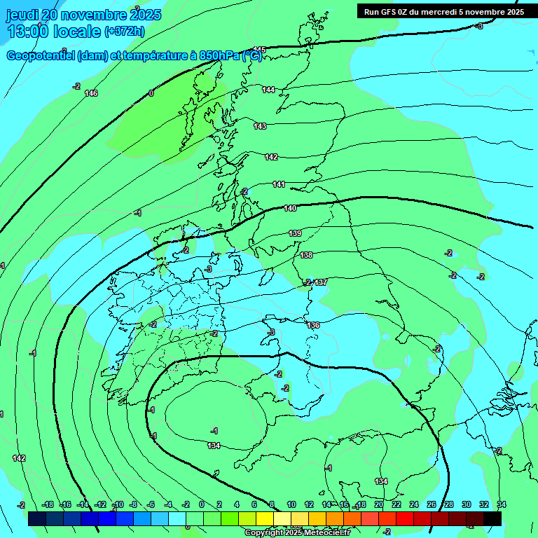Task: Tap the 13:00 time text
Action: coord(29,31)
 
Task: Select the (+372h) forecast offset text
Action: coord(125,31)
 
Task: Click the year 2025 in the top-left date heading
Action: coord(146,15)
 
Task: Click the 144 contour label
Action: coord(269,90)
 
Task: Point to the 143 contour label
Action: coord(260,126)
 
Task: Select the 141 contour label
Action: coord(279,184)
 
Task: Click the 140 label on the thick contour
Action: coord(291,208)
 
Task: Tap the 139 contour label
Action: coord(295,233)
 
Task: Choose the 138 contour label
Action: coord(306,255)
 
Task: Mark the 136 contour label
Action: coord(313,325)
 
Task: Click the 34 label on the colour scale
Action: coord(502,504)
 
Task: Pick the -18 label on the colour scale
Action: coord(48,504)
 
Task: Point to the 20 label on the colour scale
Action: coord(379,504)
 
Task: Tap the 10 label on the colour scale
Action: coord(291,504)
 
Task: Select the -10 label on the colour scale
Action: coord(118,504)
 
